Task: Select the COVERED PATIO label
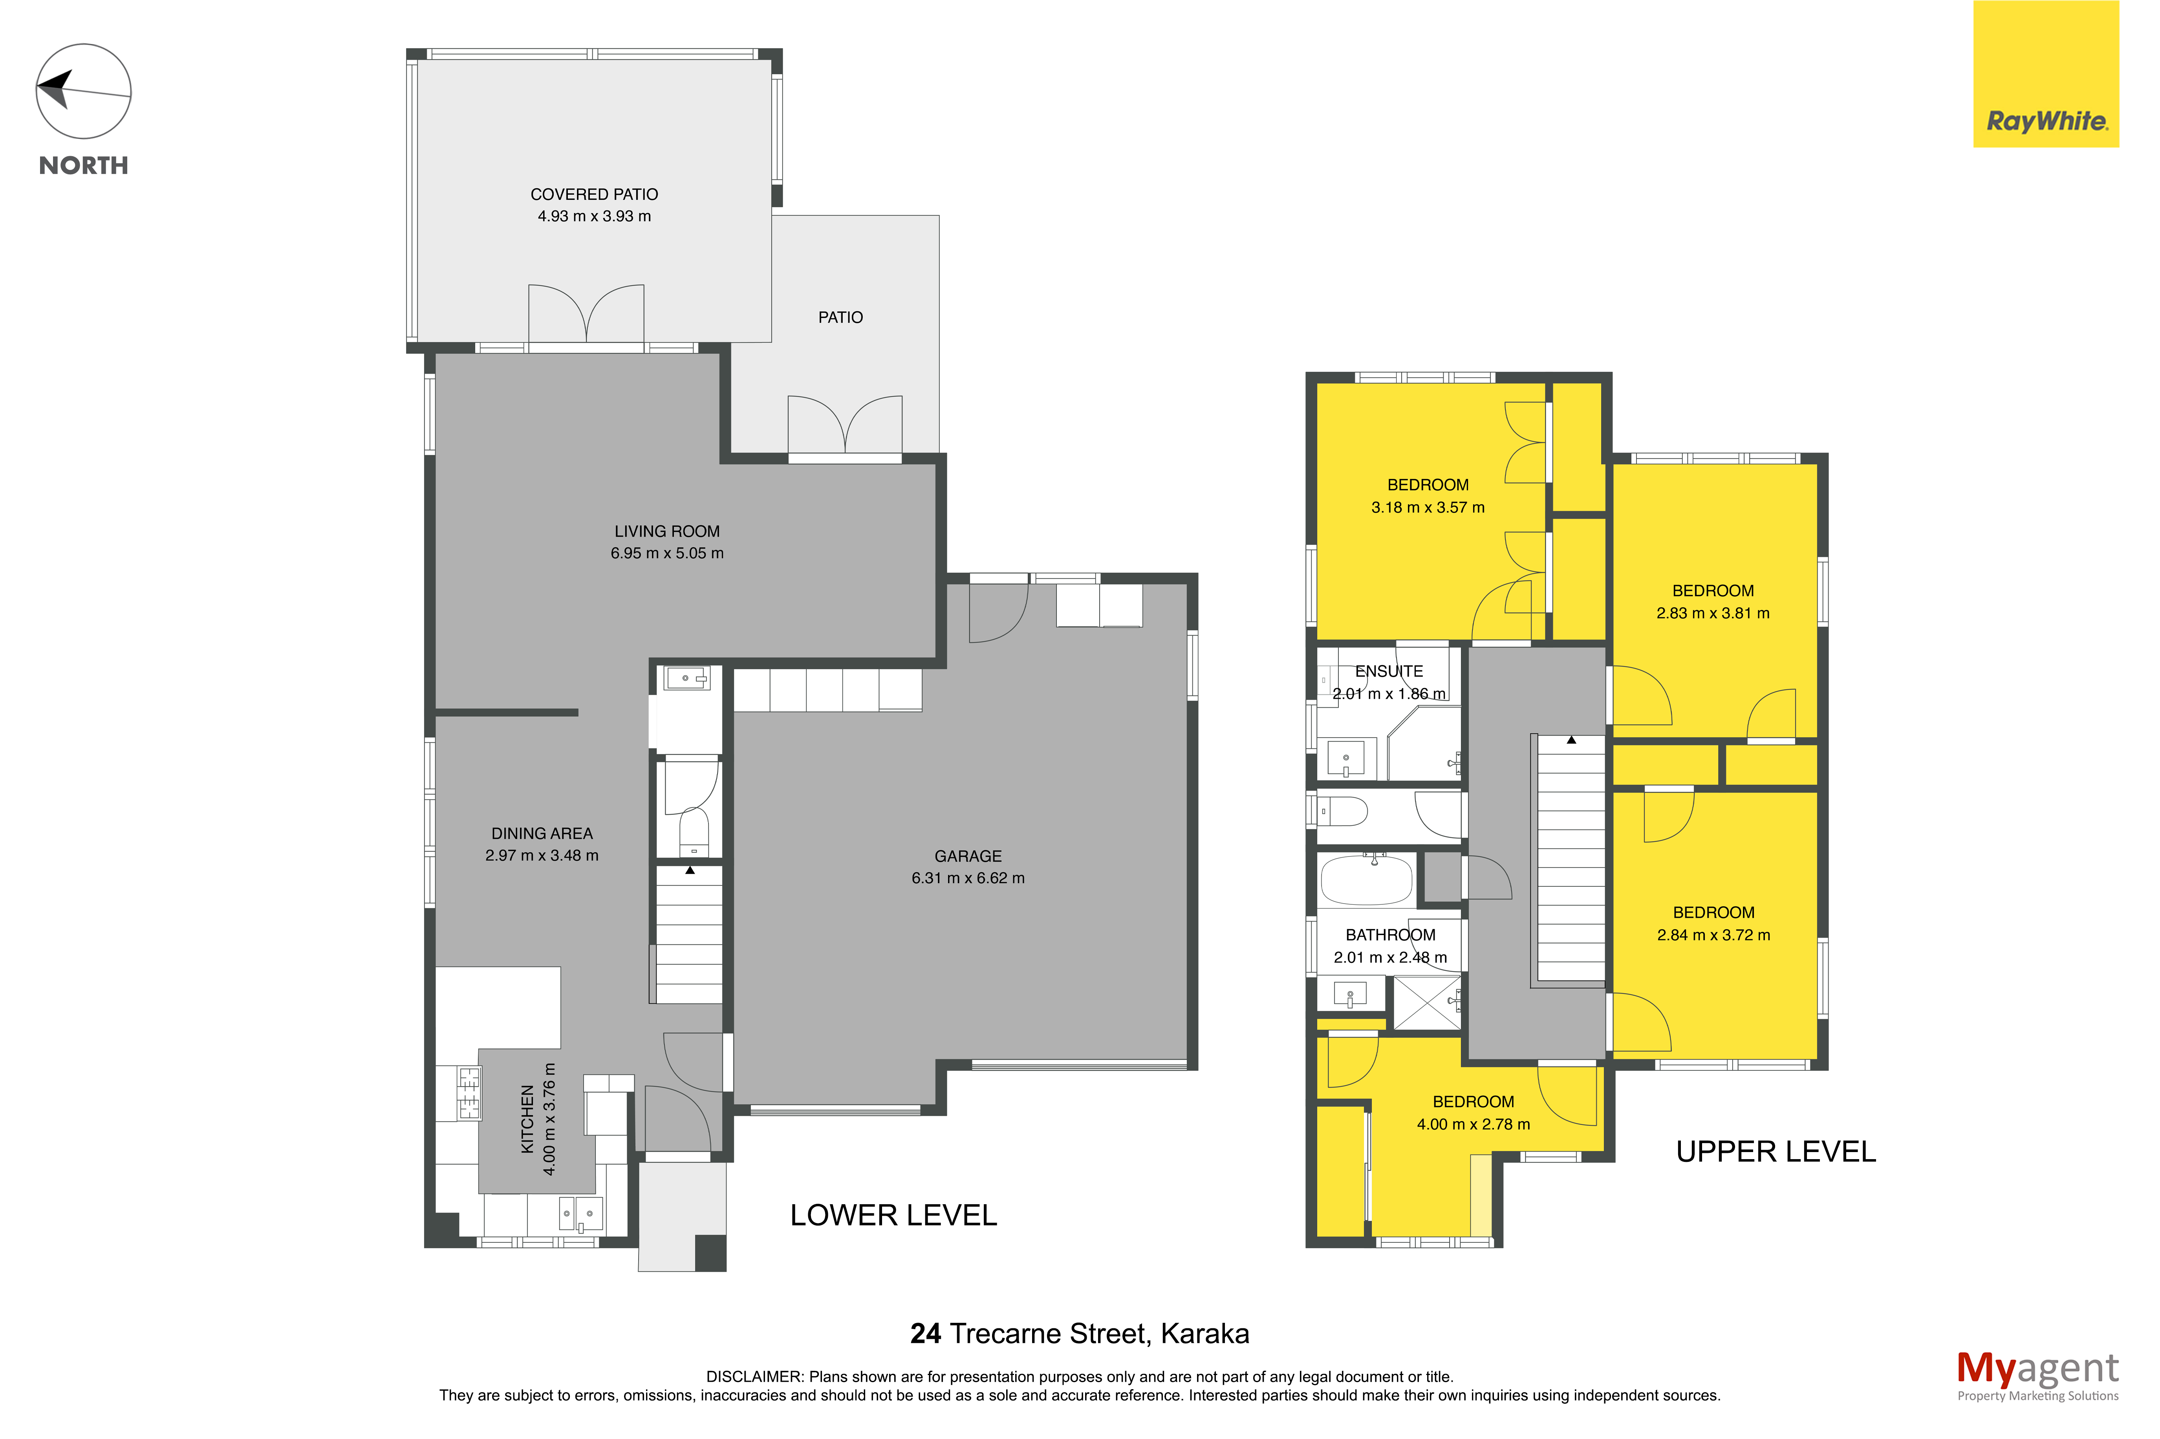594,195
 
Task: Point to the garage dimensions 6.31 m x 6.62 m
968,878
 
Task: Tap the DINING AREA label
542,833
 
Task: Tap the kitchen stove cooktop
469,1093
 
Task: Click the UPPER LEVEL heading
1776,1152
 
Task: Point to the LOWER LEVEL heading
893,1215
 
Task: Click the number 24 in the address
925,1333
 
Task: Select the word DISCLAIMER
754,1377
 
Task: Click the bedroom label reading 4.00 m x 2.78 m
1474,1124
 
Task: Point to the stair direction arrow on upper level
1572,740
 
